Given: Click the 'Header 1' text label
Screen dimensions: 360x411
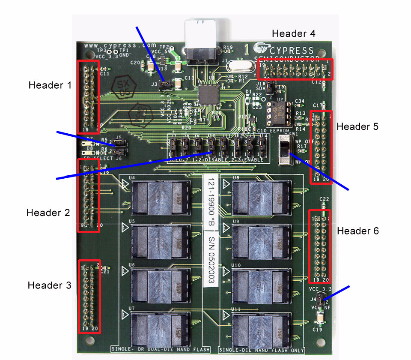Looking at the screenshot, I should click(x=50, y=85).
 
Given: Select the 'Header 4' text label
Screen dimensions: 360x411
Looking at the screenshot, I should click(x=294, y=33).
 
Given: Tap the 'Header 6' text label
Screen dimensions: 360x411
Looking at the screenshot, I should click(x=358, y=231).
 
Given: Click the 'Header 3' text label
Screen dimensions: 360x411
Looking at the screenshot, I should click(x=49, y=285).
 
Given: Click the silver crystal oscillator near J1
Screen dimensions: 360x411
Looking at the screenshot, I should click(x=238, y=67).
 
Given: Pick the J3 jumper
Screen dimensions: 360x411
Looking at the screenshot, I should click(x=164, y=85).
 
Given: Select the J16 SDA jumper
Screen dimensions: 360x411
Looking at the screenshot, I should click(x=269, y=87).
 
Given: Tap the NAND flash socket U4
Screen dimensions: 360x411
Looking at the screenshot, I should click(x=160, y=198).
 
